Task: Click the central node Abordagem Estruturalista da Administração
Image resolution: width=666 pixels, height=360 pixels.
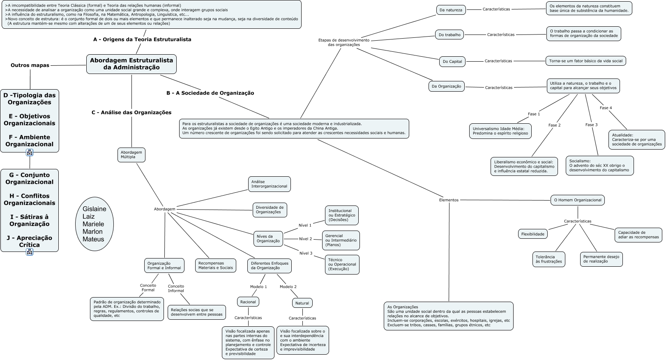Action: [x=131, y=64]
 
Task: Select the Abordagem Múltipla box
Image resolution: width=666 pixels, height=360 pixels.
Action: [x=131, y=155]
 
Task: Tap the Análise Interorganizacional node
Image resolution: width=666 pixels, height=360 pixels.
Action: [x=270, y=184]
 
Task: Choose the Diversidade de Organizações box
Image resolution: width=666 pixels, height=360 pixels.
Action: [x=270, y=210]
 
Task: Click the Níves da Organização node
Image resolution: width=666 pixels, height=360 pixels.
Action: [x=268, y=239]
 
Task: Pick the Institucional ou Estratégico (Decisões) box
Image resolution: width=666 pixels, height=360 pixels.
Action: [x=341, y=215]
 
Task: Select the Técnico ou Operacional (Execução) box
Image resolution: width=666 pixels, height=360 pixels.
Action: [x=342, y=265]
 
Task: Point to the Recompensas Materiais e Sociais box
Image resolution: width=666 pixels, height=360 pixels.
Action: [x=215, y=265]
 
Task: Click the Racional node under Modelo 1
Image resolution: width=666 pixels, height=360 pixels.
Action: [x=248, y=302]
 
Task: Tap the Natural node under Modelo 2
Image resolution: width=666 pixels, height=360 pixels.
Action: [x=302, y=303]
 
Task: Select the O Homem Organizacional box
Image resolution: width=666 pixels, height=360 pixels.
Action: [x=577, y=200]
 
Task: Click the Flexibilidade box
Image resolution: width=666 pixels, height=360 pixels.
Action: [x=532, y=234]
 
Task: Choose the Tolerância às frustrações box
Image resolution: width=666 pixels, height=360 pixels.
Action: [x=548, y=259]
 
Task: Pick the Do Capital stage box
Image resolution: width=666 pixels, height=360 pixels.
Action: [x=452, y=62]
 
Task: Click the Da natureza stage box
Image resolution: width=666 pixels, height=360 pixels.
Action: [x=451, y=10]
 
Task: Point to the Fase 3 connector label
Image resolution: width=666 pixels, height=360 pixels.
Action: [x=591, y=125]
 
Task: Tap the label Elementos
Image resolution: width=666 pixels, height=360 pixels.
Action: [x=449, y=200]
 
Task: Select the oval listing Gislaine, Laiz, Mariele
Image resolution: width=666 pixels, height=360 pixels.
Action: [x=94, y=224]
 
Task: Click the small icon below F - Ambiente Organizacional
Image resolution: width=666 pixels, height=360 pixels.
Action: [x=30, y=152]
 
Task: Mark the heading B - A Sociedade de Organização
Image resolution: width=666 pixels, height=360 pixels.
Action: [x=210, y=93]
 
